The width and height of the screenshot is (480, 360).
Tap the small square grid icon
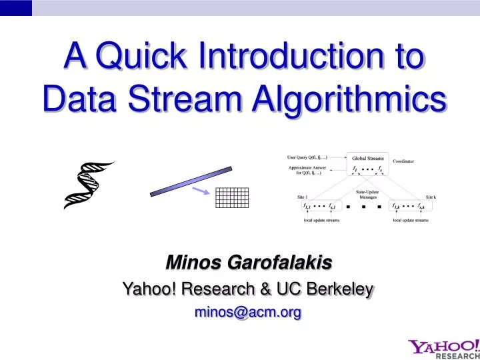click(x=232, y=198)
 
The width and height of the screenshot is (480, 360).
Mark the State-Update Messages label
click(x=367, y=194)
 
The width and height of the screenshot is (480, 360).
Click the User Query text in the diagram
click(x=307, y=157)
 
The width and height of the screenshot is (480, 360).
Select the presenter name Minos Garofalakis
click(x=248, y=264)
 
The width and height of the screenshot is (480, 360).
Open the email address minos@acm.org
click(x=247, y=311)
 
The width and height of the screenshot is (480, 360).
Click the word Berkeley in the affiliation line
click(x=339, y=289)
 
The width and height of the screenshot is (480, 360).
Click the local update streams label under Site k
click(x=410, y=220)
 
